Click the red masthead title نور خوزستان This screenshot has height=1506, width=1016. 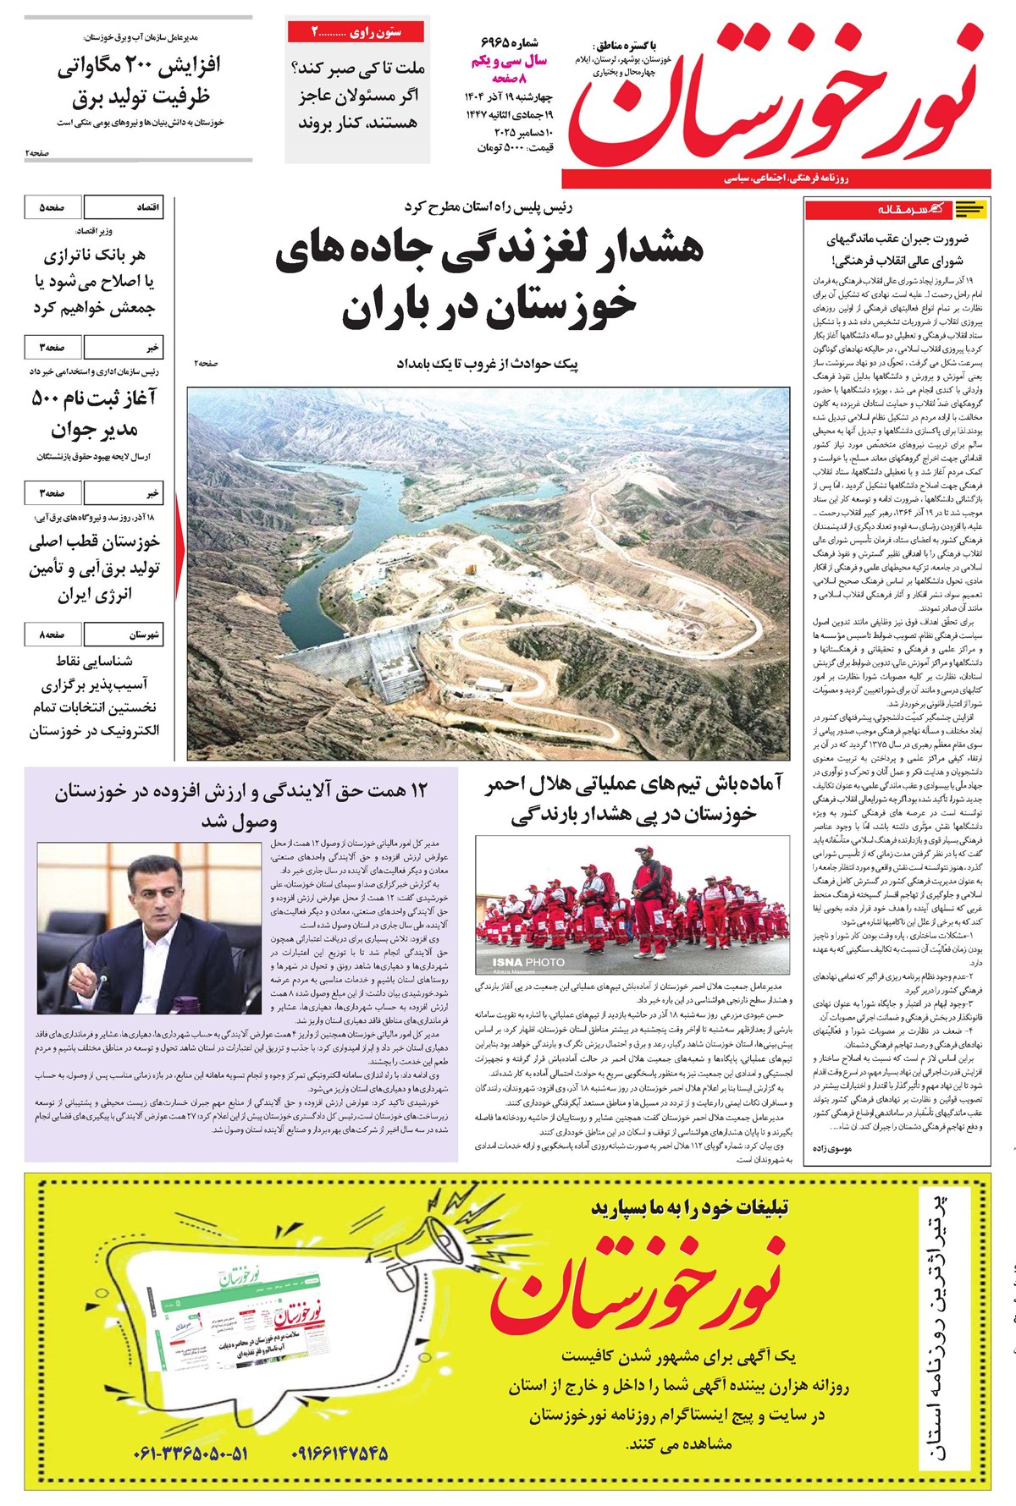pos(775,97)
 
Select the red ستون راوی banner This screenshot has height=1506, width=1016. pos(356,32)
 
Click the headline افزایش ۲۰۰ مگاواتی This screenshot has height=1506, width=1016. pos(140,66)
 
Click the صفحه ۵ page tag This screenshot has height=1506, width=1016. pos(52,207)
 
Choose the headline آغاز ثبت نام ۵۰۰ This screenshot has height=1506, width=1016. pos(95,398)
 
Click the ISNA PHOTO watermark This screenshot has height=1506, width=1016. pos(528,962)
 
